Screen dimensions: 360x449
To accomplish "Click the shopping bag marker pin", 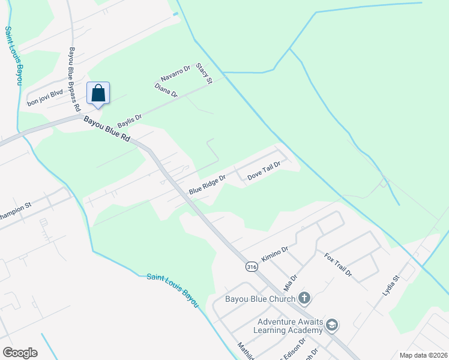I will coord(98,94).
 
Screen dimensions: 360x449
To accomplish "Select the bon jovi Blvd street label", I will coord(45,98).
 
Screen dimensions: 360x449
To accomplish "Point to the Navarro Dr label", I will coord(175,74).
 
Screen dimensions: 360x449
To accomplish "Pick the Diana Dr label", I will coord(166,91).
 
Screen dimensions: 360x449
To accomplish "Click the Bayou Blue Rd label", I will coord(107,129).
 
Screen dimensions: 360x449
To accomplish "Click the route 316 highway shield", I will coord(253,266).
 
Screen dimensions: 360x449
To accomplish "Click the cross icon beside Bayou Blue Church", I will coord(304,298).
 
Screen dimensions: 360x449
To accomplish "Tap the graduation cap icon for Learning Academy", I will coord(332,325).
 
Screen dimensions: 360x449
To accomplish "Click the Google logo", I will coord(20,353).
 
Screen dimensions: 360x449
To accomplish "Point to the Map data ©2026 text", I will coord(423,355).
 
